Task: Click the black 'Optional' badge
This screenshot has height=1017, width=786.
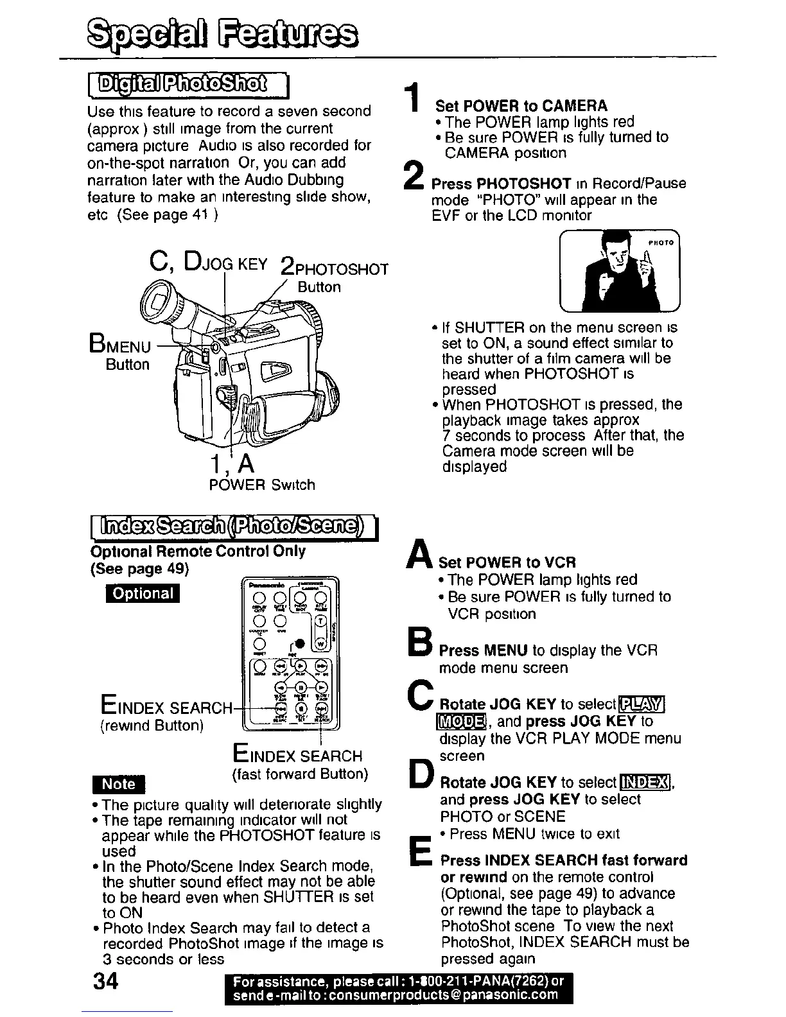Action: pyautogui.click(x=143, y=593)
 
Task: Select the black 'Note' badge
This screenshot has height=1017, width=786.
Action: pyautogui.click(x=119, y=785)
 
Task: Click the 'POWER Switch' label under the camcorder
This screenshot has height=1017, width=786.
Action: pyautogui.click(x=262, y=485)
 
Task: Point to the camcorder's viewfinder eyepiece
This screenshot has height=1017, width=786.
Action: pyautogui.click(x=158, y=302)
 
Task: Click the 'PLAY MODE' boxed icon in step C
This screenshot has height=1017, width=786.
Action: pyautogui.click(x=641, y=705)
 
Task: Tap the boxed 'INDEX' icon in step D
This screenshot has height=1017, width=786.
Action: pyautogui.click(x=645, y=783)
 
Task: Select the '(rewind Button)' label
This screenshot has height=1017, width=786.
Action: pyautogui.click(x=152, y=726)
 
